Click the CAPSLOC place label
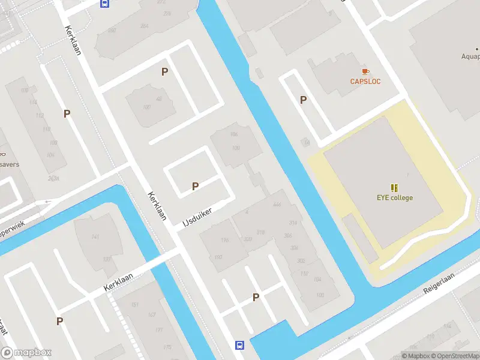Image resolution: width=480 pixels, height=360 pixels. (x=365, y=82)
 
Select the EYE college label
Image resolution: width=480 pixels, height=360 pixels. (x=394, y=197)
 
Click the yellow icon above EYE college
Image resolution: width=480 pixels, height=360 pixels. (x=394, y=188)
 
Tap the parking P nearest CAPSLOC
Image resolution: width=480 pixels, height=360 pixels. (x=304, y=100)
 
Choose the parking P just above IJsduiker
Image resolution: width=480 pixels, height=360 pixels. (x=195, y=187)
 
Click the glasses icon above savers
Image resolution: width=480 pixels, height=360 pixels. (x=2, y=154)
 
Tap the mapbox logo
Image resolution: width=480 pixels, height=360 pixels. (x=26, y=353)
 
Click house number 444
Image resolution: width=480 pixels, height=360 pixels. (x=277, y=205)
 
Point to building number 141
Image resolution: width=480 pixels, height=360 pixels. (x=95, y=238)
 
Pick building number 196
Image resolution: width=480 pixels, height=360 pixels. (x=225, y=241)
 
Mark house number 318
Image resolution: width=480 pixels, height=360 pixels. (x=260, y=232)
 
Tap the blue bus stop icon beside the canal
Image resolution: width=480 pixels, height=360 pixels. (x=239, y=345)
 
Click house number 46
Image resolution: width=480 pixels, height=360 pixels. (x=159, y=99)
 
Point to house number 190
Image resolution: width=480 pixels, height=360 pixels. (x=218, y=257)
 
